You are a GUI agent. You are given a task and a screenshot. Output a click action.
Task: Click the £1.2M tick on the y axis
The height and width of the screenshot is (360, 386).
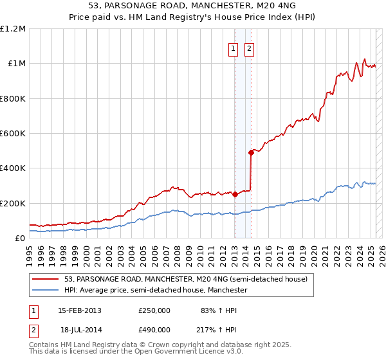(x=13, y=29)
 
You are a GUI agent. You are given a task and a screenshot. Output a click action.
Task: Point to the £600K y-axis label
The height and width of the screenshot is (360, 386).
(x=13, y=134)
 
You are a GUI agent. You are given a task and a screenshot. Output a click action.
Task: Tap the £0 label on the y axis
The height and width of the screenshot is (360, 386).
(x=20, y=238)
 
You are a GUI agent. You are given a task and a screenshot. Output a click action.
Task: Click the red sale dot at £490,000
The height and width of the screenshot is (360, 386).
(x=251, y=152)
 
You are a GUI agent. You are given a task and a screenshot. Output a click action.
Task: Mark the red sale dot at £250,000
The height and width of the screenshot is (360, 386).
(x=235, y=194)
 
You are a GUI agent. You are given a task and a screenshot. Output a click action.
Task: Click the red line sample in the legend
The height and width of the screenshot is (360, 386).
(x=46, y=279)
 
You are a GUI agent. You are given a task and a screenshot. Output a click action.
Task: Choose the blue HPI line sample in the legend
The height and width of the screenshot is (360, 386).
(x=46, y=290)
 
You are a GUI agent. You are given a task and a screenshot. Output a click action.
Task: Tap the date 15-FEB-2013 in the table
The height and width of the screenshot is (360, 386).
(x=80, y=310)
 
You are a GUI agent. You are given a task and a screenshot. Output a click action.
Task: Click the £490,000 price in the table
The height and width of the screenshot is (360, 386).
(x=154, y=330)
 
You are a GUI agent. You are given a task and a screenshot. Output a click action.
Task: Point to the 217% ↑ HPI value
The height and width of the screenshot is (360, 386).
(x=207, y=330)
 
